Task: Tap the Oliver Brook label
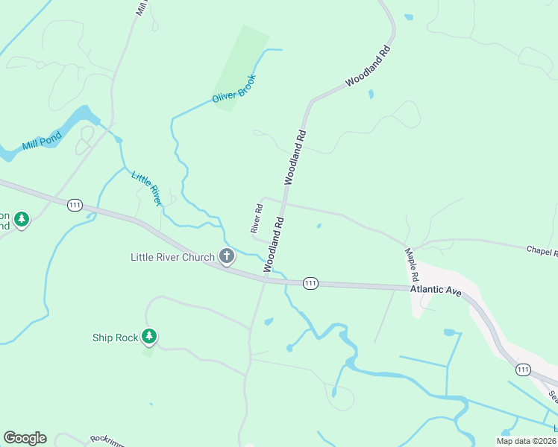[x=233, y=87]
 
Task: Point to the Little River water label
[x=146, y=188]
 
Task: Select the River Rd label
[x=256, y=218]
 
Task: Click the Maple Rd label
[x=410, y=264]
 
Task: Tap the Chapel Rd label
[x=542, y=252]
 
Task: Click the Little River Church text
[x=173, y=257]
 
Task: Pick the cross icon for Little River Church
[x=227, y=257]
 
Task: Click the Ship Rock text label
[x=115, y=337]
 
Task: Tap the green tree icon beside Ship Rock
[x=150, y=337]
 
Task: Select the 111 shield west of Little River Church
[x=75, y=205]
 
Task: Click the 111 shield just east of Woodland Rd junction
[x=311, y=283]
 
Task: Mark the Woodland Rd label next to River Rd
[x=274, y=244]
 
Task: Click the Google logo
[x=25, y=438]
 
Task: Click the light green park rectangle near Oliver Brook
[x=240, y=67]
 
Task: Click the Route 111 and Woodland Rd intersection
[x=266, y=279]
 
